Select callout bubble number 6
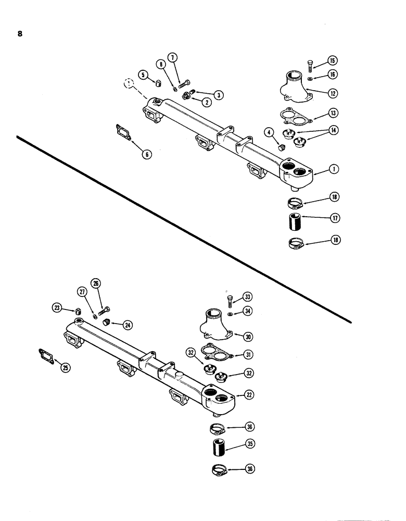tap(148, 154)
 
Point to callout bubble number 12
tap(333, 93)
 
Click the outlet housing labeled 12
tap(292, 90)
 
